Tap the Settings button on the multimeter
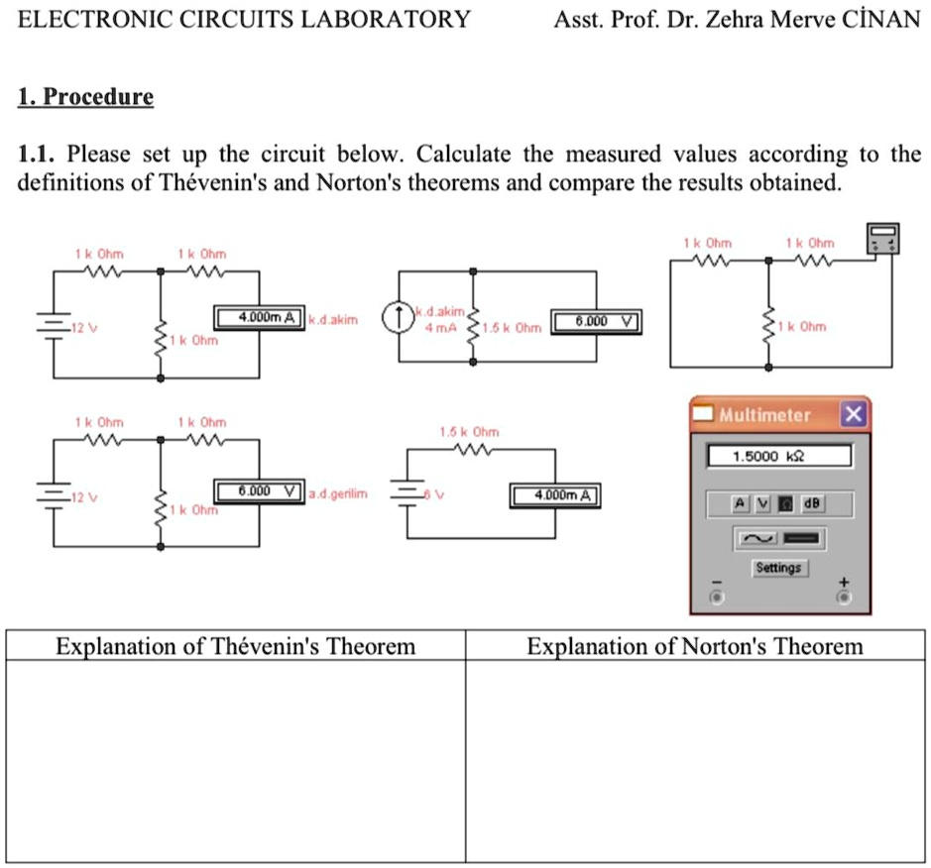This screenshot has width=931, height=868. (x=778, y=568)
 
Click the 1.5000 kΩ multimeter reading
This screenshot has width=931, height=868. (x=778, y=457)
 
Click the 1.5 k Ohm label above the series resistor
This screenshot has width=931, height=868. (x=469, y=433)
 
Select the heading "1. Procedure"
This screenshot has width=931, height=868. (x=86, y=97)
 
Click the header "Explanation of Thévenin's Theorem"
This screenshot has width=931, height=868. (x=236, y=647)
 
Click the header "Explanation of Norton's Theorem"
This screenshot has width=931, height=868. (x=695, y=647)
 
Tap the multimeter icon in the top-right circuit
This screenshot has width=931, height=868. (x=882, y=239)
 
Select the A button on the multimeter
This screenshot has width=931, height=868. (x=740, y=503)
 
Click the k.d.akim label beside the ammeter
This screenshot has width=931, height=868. (x=332, y=320)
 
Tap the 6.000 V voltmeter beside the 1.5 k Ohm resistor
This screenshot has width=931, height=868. (x=594, y=321)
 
